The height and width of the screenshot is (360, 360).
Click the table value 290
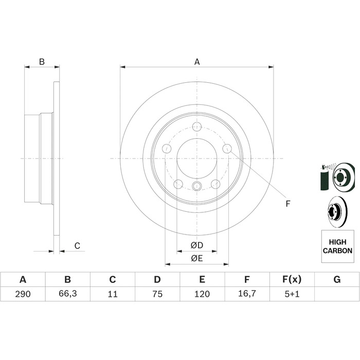[x=23, y=294]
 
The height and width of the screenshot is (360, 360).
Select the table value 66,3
[x=68, y=294]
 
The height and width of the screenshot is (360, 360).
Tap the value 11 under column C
[x=113, y=294]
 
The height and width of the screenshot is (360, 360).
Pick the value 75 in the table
[x=157, y=294]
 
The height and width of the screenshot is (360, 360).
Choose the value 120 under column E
[x=202, y=294]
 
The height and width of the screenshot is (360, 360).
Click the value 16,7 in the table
[x=247, y=294]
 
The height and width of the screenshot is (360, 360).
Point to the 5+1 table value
[x=292, y=294]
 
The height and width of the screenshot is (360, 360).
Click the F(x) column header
[x=292, y=279]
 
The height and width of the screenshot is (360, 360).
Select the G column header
[x=337, y=279]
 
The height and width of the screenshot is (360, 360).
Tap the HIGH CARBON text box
[x=337, y=246]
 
